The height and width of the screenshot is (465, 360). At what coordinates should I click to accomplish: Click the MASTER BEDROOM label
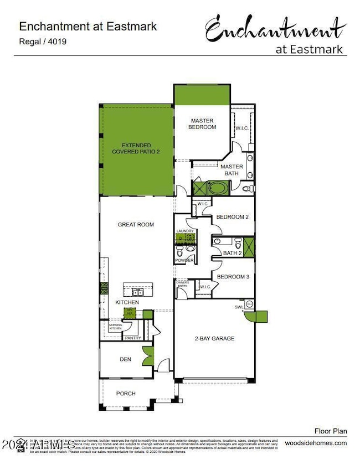(203, 123)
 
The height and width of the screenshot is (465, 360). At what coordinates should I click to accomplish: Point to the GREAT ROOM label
(136, 225)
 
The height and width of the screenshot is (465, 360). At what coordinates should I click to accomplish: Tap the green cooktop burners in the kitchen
(103, 288)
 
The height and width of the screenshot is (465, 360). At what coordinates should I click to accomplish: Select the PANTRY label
(133, 338)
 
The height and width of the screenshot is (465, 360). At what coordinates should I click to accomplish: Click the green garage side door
(258, 317)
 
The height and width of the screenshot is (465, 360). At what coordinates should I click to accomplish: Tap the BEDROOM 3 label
(231, 277)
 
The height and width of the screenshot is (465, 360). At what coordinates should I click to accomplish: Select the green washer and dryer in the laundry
(184, 239)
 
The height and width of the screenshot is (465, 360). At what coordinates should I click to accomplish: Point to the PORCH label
(126, 394)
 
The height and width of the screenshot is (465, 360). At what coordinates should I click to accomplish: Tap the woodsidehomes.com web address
(316, 443)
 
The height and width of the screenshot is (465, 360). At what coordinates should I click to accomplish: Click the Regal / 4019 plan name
(43, 41)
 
